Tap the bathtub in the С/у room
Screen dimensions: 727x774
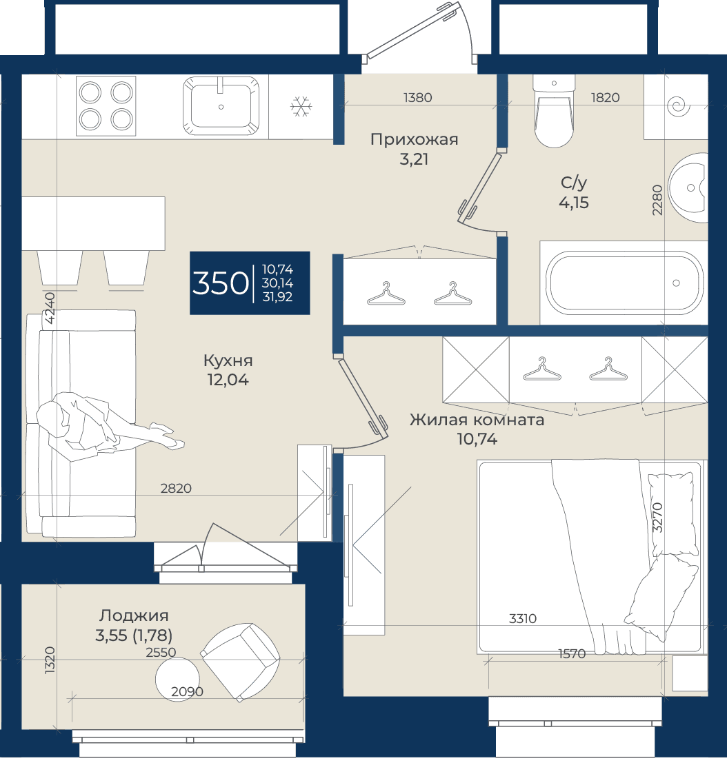(x=624, y=283)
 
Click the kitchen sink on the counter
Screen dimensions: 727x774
(x=221, y=105)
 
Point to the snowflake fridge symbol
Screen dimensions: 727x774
(x=301, y=107)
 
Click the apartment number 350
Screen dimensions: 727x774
(x=220, y=283)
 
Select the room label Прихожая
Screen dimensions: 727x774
(x=415, y=140)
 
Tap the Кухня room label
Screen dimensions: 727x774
(x=228, y=360)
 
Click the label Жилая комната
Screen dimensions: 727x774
(x=477, y=420)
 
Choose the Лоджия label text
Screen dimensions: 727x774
(x=134, y=615)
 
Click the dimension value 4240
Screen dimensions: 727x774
(x=50, y=308)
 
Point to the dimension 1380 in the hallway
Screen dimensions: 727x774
(x=418, y=98)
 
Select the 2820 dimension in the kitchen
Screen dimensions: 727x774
(x=176, y=488)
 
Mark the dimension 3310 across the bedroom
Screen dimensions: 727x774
(x=523, y=618)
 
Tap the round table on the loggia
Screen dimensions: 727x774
(x=177, y=679)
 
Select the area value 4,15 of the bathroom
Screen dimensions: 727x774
(x=574, y=203)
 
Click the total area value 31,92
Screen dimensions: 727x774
(x=277, y=296)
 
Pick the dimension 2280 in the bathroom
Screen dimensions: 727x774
(x=657, y=200)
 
